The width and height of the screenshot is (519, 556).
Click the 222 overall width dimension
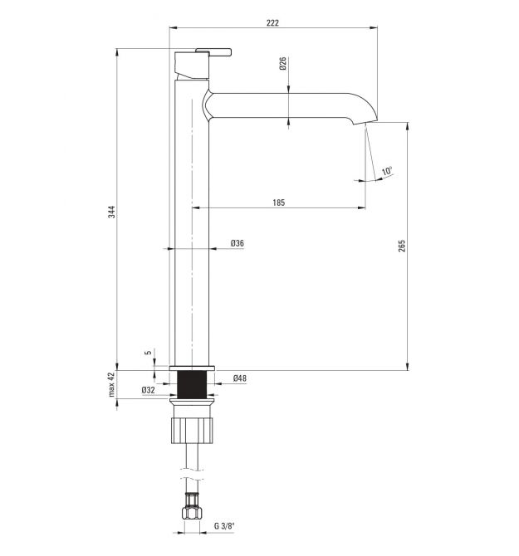coord(272,23)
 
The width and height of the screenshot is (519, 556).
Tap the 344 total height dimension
coord(112,212)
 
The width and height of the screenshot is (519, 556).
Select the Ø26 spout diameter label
coord(282,63)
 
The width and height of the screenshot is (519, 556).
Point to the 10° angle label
coord(387,171)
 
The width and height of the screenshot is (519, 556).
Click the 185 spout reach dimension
coord(278,202)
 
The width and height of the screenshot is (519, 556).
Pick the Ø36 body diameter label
coord(237,243)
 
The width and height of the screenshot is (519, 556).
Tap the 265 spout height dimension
coord(401,246)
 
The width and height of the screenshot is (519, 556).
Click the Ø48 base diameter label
coord(240,378)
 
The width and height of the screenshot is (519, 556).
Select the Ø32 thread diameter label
coord(149,390)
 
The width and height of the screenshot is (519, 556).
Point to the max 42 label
coord(112,384)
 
